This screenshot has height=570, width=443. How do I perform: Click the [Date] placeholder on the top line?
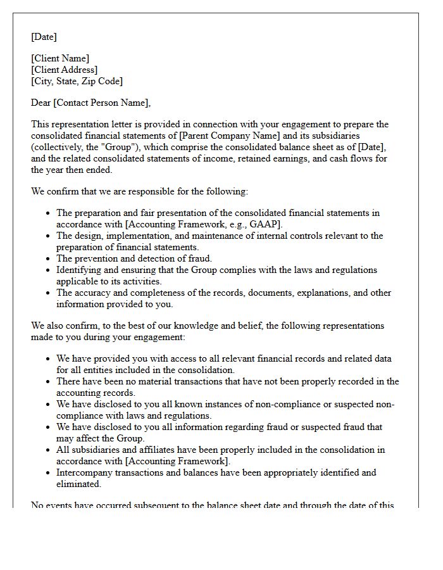click(44, 37)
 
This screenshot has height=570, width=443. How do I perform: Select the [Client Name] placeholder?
click(60, 58)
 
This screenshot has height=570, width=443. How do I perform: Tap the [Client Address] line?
click(65, 70)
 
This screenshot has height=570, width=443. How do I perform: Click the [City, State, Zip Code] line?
click(77, 81)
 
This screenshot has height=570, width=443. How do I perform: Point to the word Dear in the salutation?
click(41, 103)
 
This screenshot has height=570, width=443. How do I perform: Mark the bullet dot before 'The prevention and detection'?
click(48, 258)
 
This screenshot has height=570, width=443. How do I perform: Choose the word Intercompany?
click(86, 472)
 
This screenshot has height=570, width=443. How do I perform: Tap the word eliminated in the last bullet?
click(78, 484)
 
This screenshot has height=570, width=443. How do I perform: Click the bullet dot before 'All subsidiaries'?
click(48, 450)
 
